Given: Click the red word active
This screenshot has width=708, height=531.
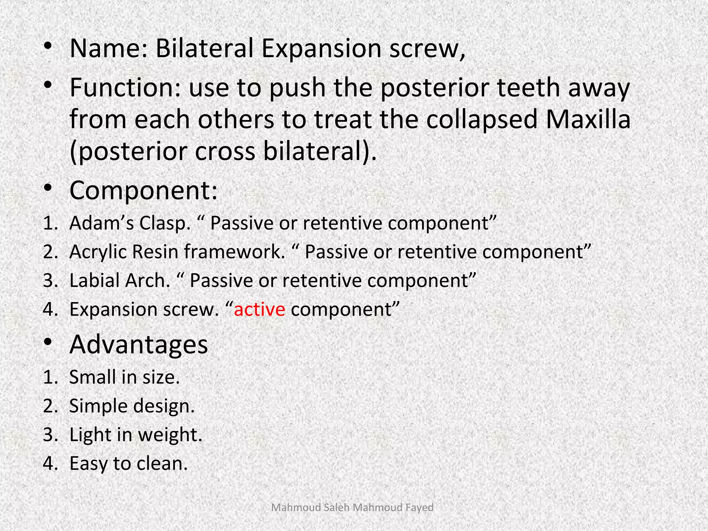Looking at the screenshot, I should tap(259, 309).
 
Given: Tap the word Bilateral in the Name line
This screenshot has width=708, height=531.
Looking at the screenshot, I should tap(204, 48).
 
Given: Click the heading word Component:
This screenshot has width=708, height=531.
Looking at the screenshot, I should tap(143, 190).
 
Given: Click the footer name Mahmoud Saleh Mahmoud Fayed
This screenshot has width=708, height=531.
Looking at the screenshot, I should tap(352, 507).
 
